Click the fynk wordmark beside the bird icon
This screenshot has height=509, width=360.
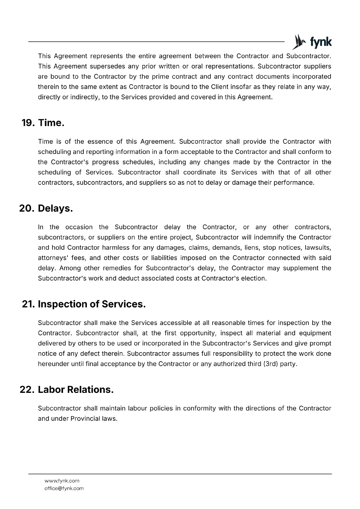pos(321,42)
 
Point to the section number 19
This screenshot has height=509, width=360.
pos(28,123)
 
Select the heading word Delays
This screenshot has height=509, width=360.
pos(55,208)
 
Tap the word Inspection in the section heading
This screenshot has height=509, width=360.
pos(62,304)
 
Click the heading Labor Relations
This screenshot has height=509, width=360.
pos(75,389)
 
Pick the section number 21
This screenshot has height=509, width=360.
pos(28,304)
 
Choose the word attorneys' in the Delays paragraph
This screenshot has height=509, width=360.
pos(52,258)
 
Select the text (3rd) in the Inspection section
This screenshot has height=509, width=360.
pos(271,364)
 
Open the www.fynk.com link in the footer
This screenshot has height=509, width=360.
pos(62,481)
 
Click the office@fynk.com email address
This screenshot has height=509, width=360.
pos(64,488)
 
